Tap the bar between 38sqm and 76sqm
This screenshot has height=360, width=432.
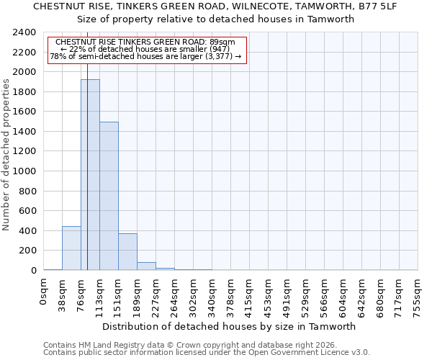[x=71, y=248]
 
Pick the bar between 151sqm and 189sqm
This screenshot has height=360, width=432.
[x=127, y=252]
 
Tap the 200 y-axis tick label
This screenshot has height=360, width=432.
[x=28, y=251]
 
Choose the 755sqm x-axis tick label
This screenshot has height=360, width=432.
[x=418, y=295]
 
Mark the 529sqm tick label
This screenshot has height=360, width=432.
[x=306, y=295]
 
